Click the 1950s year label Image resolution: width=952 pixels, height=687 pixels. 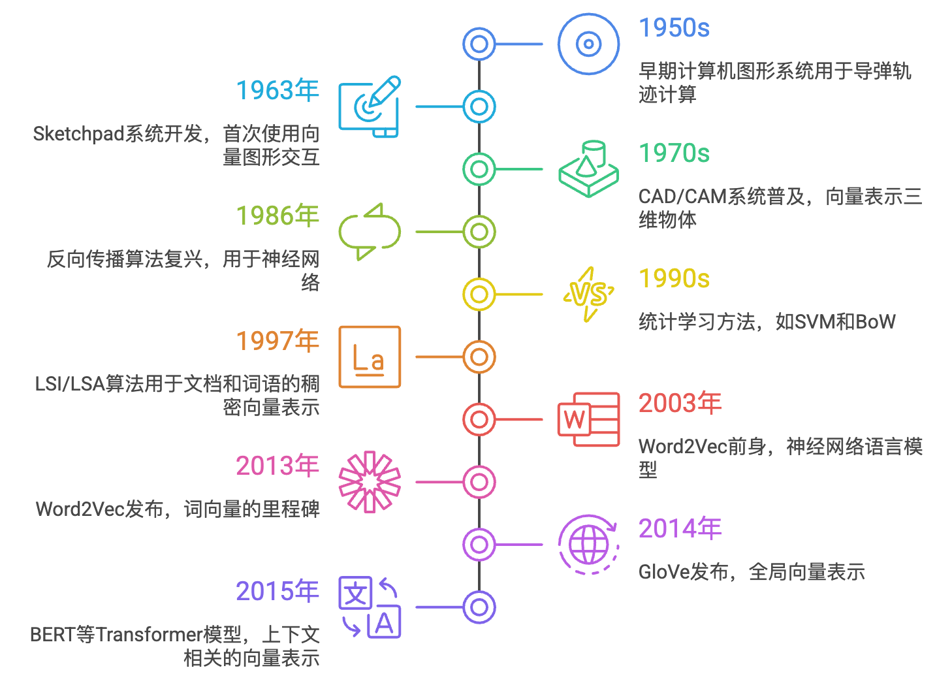(x=673, y=29)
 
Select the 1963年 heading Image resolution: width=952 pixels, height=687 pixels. (x=277, y=91)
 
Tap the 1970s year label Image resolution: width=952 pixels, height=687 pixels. (x=673, y=154)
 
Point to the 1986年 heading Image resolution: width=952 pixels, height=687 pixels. (x=277, y=216)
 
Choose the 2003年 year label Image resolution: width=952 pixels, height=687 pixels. (x=679, y=404)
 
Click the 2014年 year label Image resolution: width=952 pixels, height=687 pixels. (x=679, y=530)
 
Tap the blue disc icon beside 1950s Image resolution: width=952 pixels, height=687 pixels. (x=588, y=44)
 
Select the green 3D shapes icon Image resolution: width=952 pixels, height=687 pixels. (x=588, y=169)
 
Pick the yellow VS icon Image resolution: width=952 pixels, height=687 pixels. (x=588, y=295)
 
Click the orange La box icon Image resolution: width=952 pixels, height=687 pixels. (x=370, y=357)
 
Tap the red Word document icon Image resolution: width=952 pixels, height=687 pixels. (x=588, y=419)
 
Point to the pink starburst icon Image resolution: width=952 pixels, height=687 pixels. (x=370, y=482)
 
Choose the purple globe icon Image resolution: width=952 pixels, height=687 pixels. (x=588, y=545)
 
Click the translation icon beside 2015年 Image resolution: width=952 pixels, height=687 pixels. (x=370, y=607)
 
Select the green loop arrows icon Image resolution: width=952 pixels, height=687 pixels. (x=370, y=232)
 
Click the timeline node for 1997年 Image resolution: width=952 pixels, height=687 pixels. (x=479, y=357)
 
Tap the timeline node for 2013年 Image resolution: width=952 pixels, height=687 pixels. (x=479, y=482)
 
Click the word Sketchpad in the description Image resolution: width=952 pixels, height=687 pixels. (x=78, y=135)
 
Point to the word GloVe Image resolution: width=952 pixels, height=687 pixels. (x=663, y=573)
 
